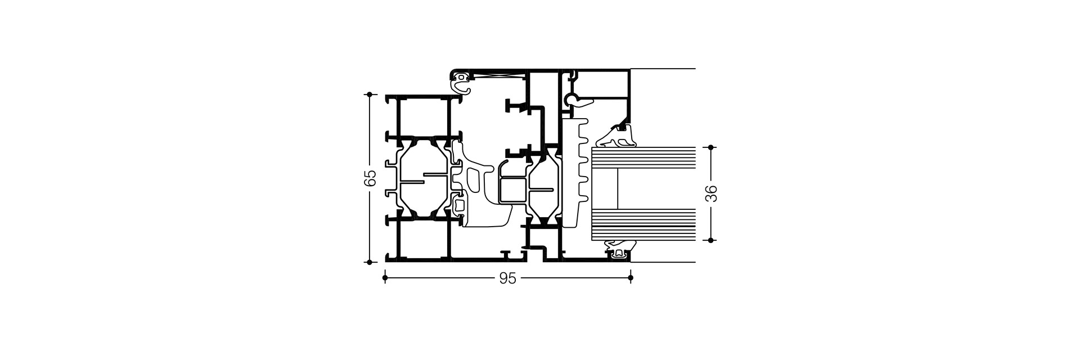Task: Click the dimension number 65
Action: coord(370,178)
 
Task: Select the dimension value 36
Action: coord(711,193)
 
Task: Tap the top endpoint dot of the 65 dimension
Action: coord(370,94)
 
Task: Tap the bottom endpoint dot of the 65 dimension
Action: coord(370,262)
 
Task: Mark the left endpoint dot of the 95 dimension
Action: coord(385,278)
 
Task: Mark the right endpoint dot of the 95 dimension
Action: coord(630,278)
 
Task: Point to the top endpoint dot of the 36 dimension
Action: coord(711,147)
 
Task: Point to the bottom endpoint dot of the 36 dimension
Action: coord(711,240)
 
